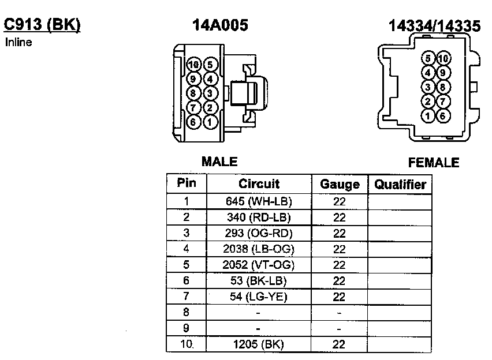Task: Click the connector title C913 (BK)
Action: (42, 25)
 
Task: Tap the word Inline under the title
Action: (18, 42)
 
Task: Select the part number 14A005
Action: (220, 25)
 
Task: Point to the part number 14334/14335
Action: (435, 26)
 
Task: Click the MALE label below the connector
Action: (219, 162)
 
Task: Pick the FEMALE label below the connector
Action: (434, 163)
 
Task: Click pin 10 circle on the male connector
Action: (193, 65)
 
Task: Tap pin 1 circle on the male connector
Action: (210, 122)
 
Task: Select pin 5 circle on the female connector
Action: (428, 58)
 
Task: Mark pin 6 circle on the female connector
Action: (442, 116)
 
